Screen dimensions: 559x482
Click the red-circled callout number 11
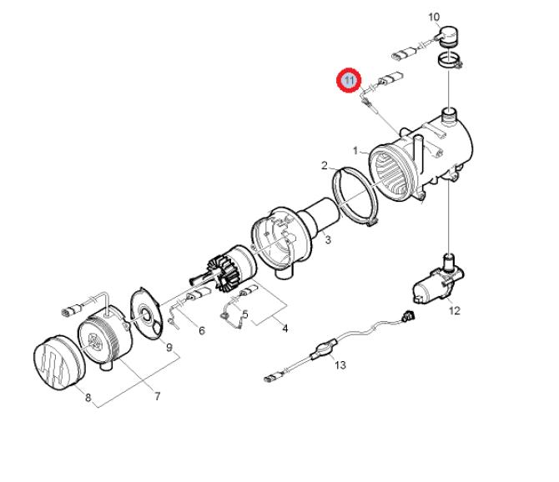click(350, 80)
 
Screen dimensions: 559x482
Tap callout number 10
click(434, 18)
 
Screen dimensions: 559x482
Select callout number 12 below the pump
click(454, 311)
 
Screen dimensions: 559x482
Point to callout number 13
click(340, 364)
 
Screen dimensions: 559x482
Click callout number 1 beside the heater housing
click(355, 151)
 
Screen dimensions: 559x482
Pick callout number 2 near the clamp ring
click(324, 166)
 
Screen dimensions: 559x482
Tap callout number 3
click(328, 240)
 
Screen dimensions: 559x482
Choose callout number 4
click(285, 328)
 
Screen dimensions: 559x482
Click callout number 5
click(245, 314)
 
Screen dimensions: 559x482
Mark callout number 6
click(202, 331)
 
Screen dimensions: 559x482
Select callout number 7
click(157, 396)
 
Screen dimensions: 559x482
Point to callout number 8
click(88, 397)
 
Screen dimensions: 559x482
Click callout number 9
click(169, 347)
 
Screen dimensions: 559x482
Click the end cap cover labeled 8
click(59, 363)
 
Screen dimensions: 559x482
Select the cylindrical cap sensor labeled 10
click(449, 36)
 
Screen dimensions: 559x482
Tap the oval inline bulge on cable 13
click(325, 349)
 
